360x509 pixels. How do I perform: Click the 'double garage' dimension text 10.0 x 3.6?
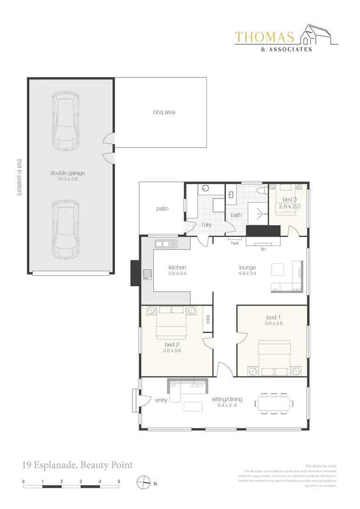pyautogui.click(x=67, y=179)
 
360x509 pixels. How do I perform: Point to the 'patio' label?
pyautogui.click(x=162, y=209)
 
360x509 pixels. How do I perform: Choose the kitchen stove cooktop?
pyautogui.click(x=147, y=274)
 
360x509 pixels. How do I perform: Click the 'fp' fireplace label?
pyautogui.click(x=263, y=248)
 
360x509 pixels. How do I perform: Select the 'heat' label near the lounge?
pyautogui.click(x=235, y=243)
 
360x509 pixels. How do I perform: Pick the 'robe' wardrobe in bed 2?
pyautogui.click(x=207, y=319)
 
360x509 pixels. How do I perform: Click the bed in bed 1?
pyautogui.click(x=275, y=357)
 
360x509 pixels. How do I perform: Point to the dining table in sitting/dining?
pyautogui.click(x=275, y=403)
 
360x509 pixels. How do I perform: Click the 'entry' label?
pyautogui.click(x=161, y=400)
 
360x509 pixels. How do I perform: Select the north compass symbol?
pyautogui.click(x=143, y=483)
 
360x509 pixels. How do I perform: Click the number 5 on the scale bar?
pyautogui.click(x=119, y=482)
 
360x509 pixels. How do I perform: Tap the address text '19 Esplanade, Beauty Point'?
pyautogui.click(x=77, y=465)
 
